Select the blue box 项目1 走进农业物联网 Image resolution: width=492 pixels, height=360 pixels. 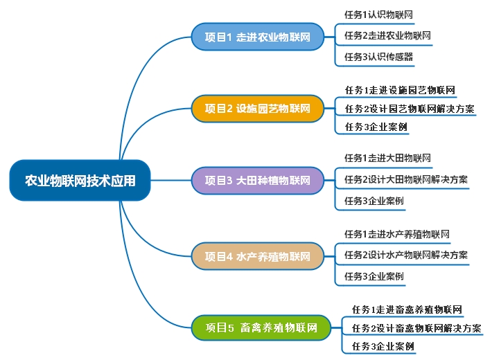click(x=257, y=37)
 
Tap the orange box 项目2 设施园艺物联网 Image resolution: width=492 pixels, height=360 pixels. click(x=257, y=109)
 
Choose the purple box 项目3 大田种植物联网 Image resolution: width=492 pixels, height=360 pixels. click(x=257, y=181)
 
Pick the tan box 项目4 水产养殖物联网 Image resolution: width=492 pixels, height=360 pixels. click(x=257, y=256)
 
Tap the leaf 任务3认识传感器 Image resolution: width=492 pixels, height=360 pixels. click(x=378, y=57)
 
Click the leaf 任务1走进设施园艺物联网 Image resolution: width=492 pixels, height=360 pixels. click(x=400, y=89)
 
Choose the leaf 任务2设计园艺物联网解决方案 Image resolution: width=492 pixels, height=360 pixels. click(x=410, y=109)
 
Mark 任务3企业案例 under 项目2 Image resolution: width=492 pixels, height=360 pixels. click(x=376, y=127)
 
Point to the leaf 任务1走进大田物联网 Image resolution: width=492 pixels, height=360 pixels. click(x=388, y=158)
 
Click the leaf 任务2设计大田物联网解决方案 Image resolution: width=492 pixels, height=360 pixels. click(x=405, y=180)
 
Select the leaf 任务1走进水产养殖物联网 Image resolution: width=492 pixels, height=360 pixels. click(x=396, y=234)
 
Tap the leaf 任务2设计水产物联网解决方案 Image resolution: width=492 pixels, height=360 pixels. click(x=405, y=255)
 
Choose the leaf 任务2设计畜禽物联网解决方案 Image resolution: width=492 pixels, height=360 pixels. click(x=416, y=327)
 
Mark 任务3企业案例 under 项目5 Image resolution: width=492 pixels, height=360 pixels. click(x=383, y=346)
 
